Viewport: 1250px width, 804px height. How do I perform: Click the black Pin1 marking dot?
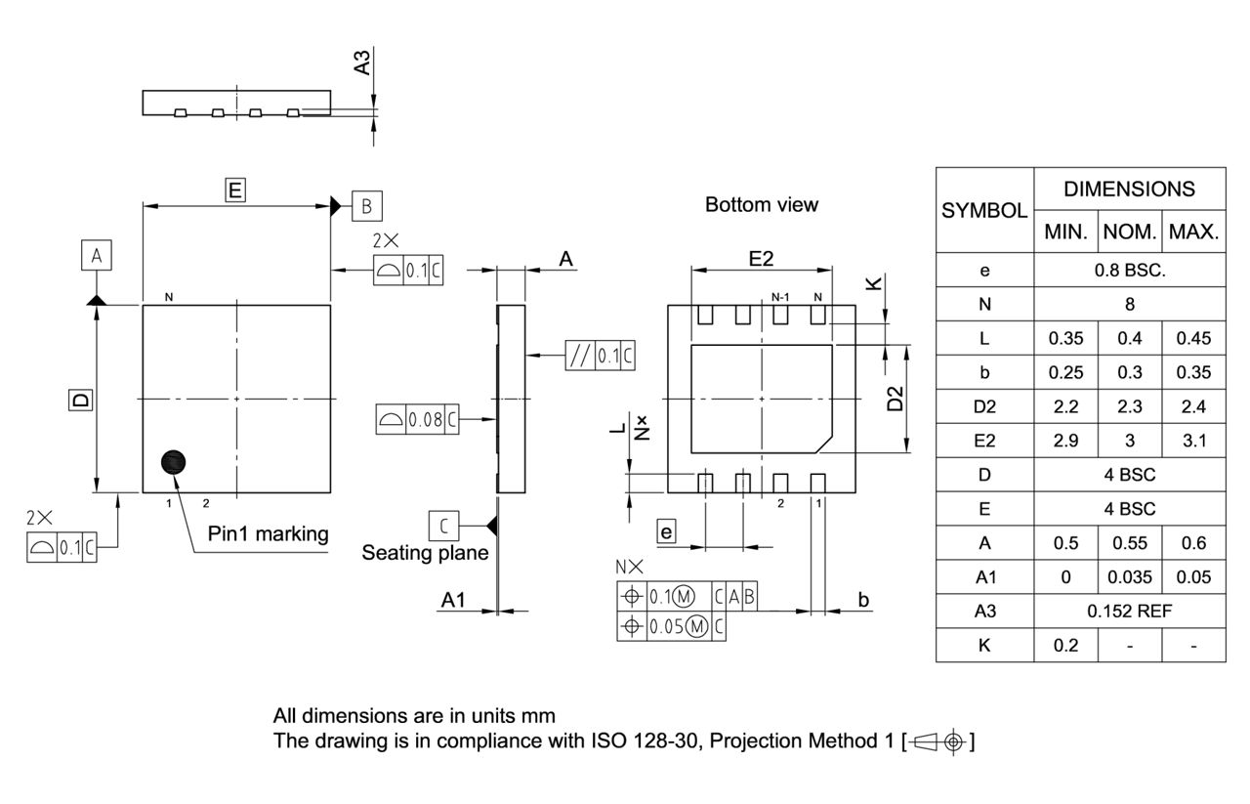(x=173, y=462)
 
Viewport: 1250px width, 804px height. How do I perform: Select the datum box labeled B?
(x=366, y=205)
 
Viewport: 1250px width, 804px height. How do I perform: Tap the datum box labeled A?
(x=96, y=256)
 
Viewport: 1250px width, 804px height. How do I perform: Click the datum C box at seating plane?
(x=443, y=526)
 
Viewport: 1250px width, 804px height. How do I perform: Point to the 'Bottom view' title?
(x=762, y=205)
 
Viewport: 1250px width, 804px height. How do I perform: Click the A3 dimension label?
(x=361, y=63)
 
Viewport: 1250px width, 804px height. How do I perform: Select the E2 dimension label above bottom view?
(x=762, y=258)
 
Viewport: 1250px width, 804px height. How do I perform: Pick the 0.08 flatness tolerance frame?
(x=417, y=420)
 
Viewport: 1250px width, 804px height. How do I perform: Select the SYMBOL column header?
(x=984, y=210)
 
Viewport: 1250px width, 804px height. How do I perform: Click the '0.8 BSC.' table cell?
(x=1130, y=271)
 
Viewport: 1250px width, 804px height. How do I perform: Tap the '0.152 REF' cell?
(x=1130, y=611)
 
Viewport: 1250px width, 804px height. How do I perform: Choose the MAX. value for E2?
(x=1194, y=441)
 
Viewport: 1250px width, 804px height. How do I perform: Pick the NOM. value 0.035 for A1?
(x=1130, y=576)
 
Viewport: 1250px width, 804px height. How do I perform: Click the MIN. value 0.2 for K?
(x=1065, y=645)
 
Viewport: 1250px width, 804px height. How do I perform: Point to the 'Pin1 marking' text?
(x=269, y=534)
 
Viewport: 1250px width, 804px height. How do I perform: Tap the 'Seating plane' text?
(x=425, y=553)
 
